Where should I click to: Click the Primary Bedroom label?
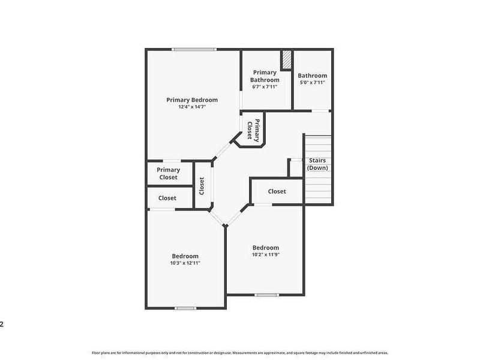[x=192, y=100]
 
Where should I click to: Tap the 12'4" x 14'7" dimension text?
[x=192, y=107]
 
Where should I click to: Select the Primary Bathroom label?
[x=265, y=76]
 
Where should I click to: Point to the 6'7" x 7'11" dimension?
[x=265, y=86]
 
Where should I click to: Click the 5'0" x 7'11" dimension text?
[x=312, y=82]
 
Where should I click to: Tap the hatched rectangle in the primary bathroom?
[x=286, y=60]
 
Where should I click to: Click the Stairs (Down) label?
[x=317, y=164]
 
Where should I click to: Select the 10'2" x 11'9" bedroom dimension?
[x=266, y=254]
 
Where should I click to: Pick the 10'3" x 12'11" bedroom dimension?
[x=185, y=263]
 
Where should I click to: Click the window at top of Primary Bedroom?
[x=194, y=49]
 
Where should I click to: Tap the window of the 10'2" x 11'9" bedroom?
[x=266, y=295]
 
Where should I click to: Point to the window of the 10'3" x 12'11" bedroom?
[x=185, y=308]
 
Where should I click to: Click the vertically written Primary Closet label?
[x=253, y=130]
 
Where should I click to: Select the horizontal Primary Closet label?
[x=169, y=173]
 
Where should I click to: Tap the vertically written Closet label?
[x=202, y=186]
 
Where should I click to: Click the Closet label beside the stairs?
[x=277, y=191]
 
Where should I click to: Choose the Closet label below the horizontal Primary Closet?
[x=167, y=198]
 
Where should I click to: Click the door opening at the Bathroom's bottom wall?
[x=320, y=111]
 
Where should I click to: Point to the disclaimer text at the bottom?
[x=240, y=353]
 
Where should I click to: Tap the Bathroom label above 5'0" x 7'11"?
[x=312, y=76]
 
